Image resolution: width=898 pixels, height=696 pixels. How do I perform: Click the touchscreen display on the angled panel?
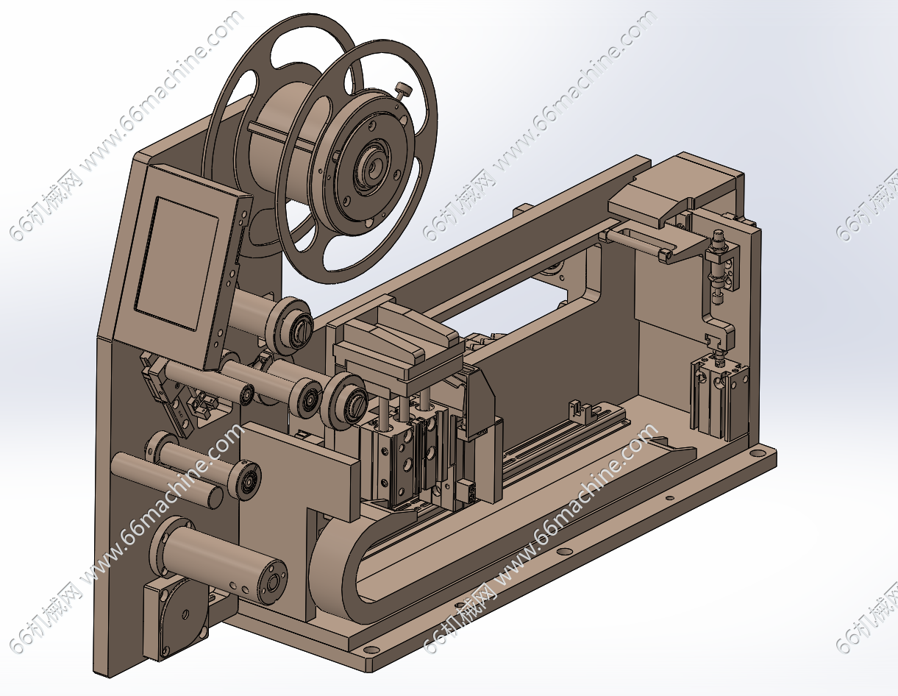tap(177, 263)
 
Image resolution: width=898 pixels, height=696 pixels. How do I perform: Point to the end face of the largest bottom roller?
tap(271, 583)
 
